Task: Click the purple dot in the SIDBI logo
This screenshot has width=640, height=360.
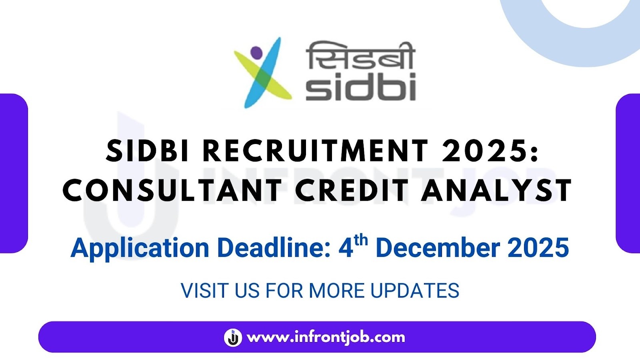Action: click(256, 52)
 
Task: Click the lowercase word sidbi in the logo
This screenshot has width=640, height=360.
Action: click(360, 88)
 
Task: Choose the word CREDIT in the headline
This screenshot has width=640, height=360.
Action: click(352, 190)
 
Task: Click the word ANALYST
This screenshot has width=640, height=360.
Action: click(496, 190)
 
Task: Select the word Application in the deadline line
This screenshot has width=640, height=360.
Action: click(140, 248)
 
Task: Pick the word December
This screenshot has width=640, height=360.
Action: click(438, 248)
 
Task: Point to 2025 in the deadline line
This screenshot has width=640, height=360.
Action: click(538, 248)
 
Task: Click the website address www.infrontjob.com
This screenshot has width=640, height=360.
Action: click(326, 337)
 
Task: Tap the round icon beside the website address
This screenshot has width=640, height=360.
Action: click(233, 337)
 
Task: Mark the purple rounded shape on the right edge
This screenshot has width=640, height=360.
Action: click(628, 173)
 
